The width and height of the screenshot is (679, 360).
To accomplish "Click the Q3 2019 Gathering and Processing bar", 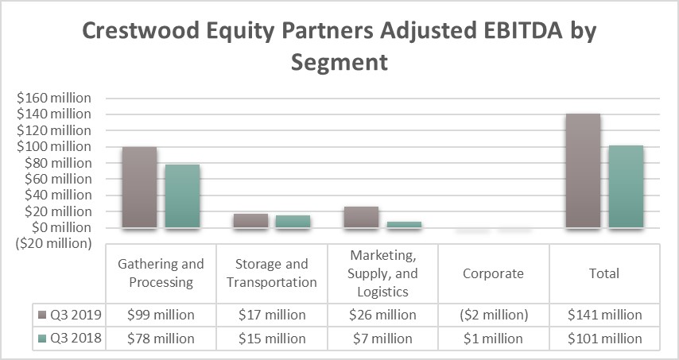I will tap(139, 188).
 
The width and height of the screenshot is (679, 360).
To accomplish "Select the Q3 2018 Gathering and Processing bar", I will tap(182, 196).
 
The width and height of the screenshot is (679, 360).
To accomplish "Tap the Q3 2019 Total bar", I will tap(583, 171).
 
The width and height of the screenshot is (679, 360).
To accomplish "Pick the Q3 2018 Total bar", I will tap(626, 187).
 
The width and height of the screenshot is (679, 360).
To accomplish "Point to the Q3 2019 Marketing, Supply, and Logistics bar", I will tap(361, 217).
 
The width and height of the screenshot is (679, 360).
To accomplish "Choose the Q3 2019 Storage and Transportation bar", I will tap(250, 221).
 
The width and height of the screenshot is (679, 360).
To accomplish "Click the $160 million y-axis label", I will tap(54, 99).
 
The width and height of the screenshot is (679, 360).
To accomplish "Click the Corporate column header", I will tap(494, 273).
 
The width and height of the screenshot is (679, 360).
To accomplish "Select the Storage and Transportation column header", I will tap(272, 273).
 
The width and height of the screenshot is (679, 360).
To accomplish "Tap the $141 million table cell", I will tap(604, 315).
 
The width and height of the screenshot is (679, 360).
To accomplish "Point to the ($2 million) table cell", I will tap(494, 315).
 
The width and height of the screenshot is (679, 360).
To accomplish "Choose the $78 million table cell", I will tap(161, 339).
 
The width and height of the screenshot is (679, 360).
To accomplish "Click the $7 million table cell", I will tap(383, 339).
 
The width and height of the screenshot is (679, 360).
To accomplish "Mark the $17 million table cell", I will tap(272, 315).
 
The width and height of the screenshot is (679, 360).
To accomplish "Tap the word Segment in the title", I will tap(339, 62).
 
